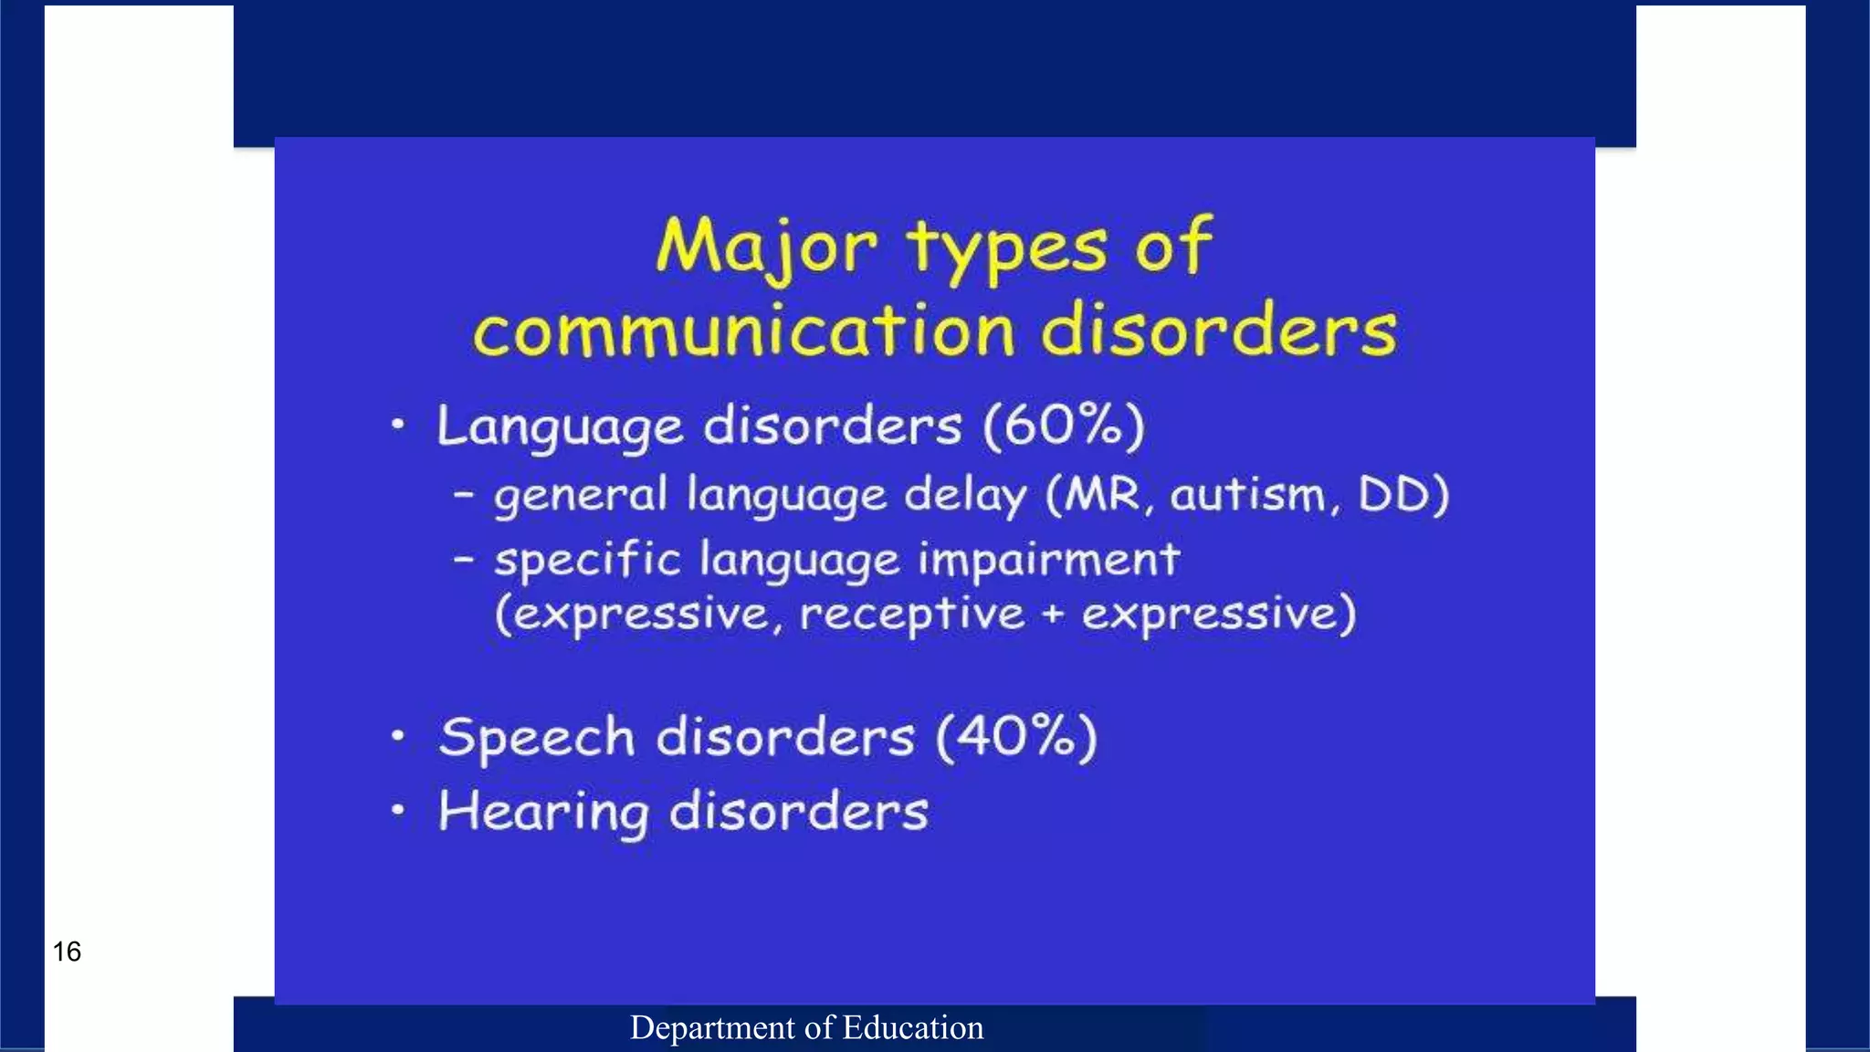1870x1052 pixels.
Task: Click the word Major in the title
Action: click(x=765, y=247)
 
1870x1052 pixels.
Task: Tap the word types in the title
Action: click(x=1007, y=248)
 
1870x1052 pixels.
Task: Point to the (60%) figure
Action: click(x=1064, y=426)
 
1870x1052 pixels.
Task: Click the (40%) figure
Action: click(x=1016, y=737)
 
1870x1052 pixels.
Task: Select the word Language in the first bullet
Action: click(x=560, y=427)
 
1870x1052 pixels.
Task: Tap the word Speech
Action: click(x=536, y=737)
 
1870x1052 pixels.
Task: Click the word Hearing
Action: click(x=543, y=812)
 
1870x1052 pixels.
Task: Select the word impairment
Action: click(x=1049, y=559)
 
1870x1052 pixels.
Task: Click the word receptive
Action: click(x=912, y=615)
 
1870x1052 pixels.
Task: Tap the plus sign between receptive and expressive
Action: click(x=1054, y=615)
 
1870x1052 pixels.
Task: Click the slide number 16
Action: click(x=67, y=952)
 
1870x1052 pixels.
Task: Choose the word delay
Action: click(x=965, y=496)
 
